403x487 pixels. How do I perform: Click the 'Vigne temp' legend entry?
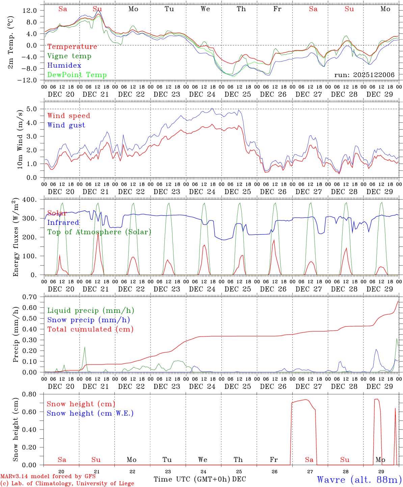[69, 56]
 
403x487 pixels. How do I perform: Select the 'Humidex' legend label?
[64, 66]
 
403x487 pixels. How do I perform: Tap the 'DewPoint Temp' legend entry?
[77, 75]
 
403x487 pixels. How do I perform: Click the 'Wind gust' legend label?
[66, 125]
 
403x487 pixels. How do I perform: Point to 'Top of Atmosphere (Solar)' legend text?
[99, 232]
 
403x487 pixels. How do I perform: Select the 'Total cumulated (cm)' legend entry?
[90, 329]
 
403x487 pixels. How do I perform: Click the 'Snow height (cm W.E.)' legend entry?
[90, 413]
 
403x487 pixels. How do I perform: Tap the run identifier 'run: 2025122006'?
[364, 75]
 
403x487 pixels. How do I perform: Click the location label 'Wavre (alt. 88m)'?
[359, 480]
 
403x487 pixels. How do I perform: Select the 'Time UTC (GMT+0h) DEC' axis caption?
[199, 479]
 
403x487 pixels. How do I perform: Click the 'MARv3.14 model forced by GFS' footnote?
[48, 477]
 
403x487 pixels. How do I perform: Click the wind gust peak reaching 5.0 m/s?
[212, 109]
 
